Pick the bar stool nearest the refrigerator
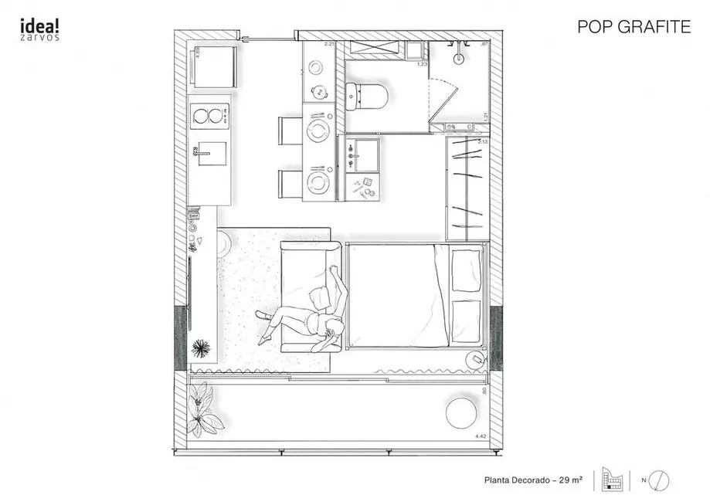[291, 131]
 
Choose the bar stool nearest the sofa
[291, 184]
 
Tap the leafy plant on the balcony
[202, 407]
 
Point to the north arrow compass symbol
[655, 480]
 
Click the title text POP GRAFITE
[634, 27]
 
